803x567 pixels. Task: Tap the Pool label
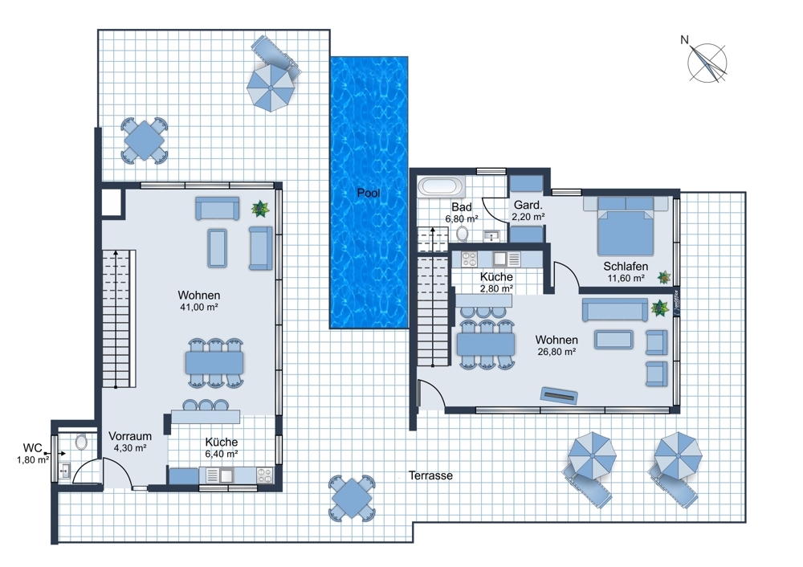click(x=369, y=193)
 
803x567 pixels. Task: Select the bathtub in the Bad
click(x=441, y=186)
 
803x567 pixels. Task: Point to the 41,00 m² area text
click(x=198, y=308)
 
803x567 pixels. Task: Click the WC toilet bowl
click(x=81, y=442)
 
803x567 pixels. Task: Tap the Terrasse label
click(x=430, y=475)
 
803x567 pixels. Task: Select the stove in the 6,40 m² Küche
click(x=265, y=475)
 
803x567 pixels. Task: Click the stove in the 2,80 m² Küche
click(x=469, y=259)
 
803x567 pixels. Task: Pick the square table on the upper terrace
click(x=145, y=141)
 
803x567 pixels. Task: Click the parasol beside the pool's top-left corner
click(x=269, y=88)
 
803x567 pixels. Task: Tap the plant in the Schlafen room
click(x=664, y=277)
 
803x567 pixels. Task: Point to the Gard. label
click(x=528, y=205)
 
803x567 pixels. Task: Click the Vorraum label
click(x=130, y=436)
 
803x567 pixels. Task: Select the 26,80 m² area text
click(x=556, y=352)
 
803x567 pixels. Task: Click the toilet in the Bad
click(x=463, y=234)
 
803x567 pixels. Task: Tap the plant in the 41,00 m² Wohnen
click(x=260, y=209)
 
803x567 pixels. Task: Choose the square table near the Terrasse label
click(x=352, y=498)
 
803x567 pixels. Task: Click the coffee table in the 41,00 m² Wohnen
click(x=217, y=248)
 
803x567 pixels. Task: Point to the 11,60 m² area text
click(x=626, y=279)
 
